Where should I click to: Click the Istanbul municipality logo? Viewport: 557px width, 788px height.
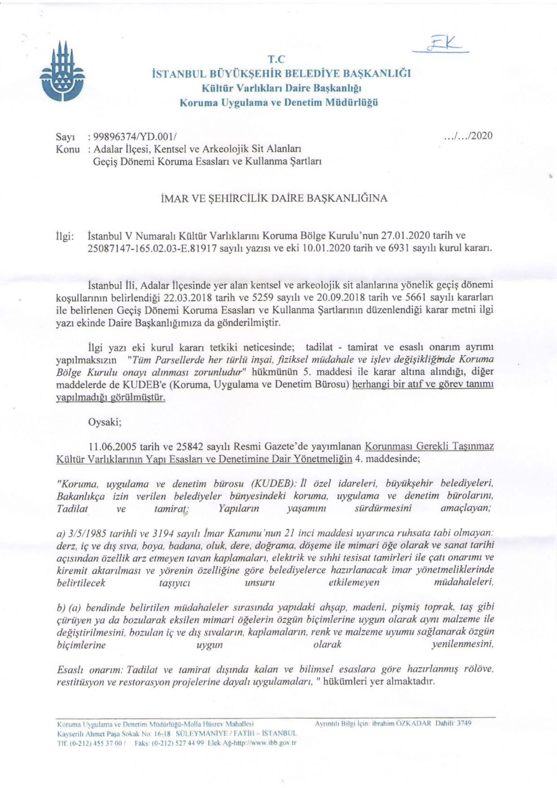[62, 73]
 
